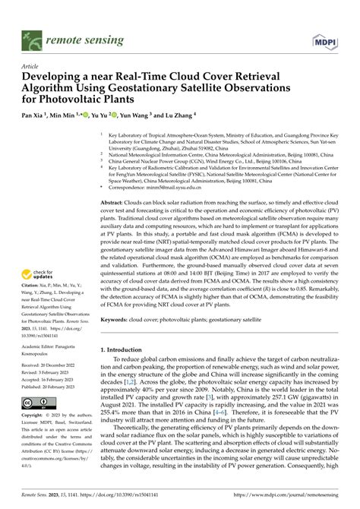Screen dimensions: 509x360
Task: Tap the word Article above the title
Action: [x=30, y=67]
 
